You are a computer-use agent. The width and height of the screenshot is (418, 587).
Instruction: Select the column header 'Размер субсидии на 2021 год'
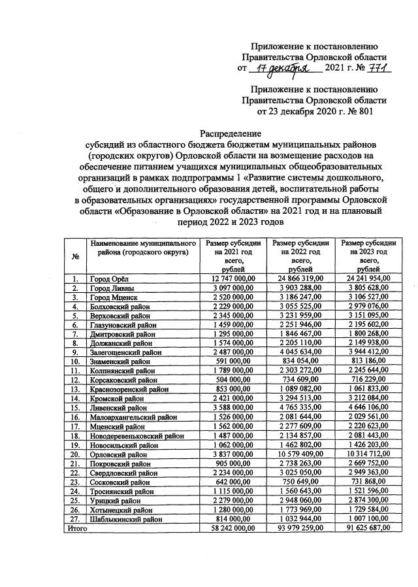(x=234, y=256)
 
